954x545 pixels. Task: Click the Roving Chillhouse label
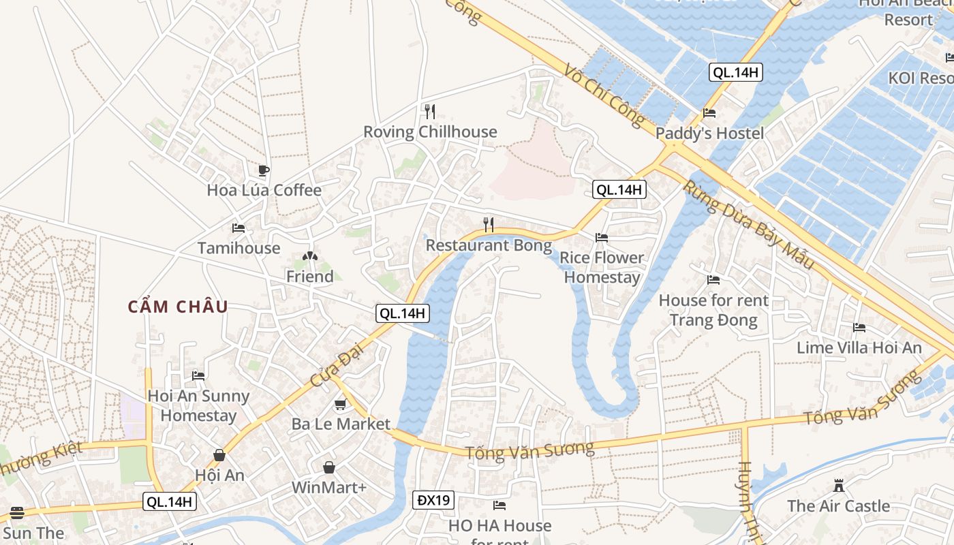[x=430, y=132]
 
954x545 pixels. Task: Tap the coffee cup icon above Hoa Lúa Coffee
[x=264, y=170]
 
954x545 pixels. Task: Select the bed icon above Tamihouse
[x=238, y=228]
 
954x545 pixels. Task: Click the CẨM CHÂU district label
[x=178, y=307]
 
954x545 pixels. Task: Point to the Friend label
[x=309, y=277]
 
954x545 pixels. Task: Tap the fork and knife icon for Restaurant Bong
[x=489, y=225]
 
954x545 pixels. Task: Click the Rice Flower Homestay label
[x=602, y=267]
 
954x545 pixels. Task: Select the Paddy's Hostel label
[x=709, y=134]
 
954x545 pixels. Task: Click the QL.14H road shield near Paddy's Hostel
[x=735, y=72]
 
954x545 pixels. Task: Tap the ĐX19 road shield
[x=433, y=501]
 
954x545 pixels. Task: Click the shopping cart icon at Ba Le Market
[x=340, y=405]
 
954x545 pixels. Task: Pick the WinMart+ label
[x=329, y=488]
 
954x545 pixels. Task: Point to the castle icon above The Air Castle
[x=839, y=486]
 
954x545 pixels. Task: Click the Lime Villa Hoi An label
[x=859, y=348]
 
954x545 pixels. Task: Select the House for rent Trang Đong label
[x=713, y=310]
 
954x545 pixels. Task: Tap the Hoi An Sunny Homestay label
[x=198, y=405]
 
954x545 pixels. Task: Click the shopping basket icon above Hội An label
[x=219, y=455]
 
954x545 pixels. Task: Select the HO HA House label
[x=499, y=526]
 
